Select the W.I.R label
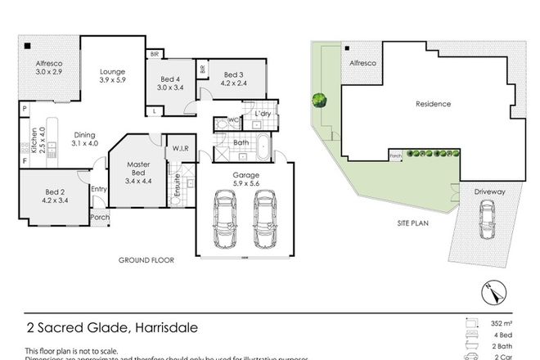181,148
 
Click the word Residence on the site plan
434,104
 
